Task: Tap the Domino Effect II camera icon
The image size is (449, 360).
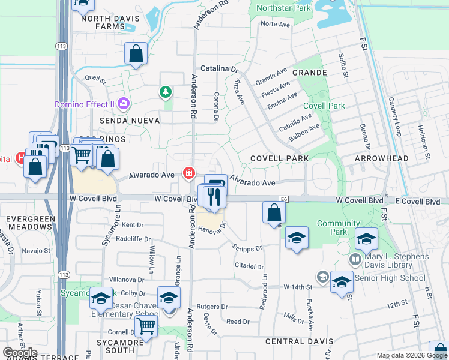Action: pos(124,104)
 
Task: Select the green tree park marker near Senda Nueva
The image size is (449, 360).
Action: pos(165,92)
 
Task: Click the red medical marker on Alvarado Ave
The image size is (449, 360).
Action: pos(189,174)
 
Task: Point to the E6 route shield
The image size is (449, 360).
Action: pos(284,199)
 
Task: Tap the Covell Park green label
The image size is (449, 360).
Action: pos(324,106)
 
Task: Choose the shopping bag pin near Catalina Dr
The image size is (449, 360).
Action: pos(136,54)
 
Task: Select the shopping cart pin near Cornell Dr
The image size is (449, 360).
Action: pos(146,327)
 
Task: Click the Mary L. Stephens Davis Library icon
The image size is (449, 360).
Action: pos(355,260)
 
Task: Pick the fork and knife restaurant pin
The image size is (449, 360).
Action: pos(214,197)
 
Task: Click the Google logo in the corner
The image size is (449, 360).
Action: pos(20,352)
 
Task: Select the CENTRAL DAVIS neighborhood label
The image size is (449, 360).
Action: pos(294,341)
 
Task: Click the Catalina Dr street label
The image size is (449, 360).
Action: pos(218,68)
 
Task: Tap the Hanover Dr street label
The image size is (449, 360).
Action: pos(211,229)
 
